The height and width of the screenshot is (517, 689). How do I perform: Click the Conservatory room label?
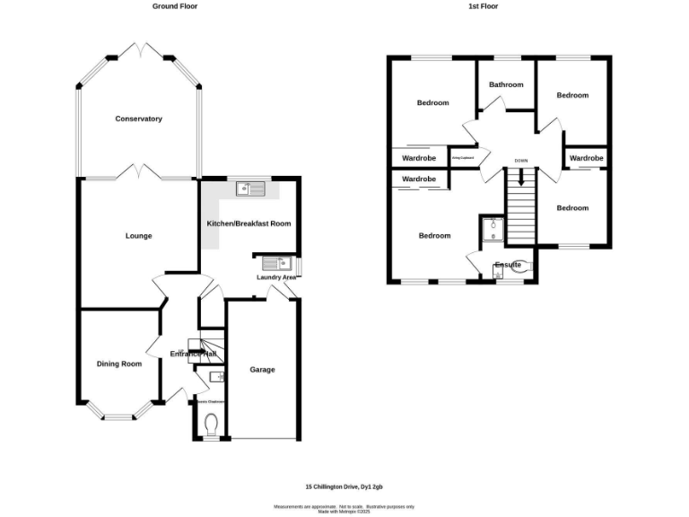coord(138,118)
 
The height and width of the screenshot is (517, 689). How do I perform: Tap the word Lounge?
coord(138,236)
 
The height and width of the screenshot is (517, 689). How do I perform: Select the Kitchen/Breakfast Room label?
coord(249,223)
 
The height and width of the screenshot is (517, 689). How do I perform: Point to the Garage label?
coord(262,369)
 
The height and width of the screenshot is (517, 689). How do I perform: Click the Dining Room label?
coord(119,364)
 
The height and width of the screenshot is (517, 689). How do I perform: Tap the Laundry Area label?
coord(276,277)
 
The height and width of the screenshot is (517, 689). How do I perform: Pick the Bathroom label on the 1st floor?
coord(506,84)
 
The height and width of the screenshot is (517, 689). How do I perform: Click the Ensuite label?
coord(508,265)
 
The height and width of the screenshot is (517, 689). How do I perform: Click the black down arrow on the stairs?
coord(520,179)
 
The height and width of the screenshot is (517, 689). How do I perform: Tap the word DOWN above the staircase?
coord(520,161)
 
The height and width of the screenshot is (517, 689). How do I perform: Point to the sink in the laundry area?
coord(275,263)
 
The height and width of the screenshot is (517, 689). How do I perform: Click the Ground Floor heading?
coord(174,6)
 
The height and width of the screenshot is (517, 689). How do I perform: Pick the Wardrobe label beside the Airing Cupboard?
coord(419,158)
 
